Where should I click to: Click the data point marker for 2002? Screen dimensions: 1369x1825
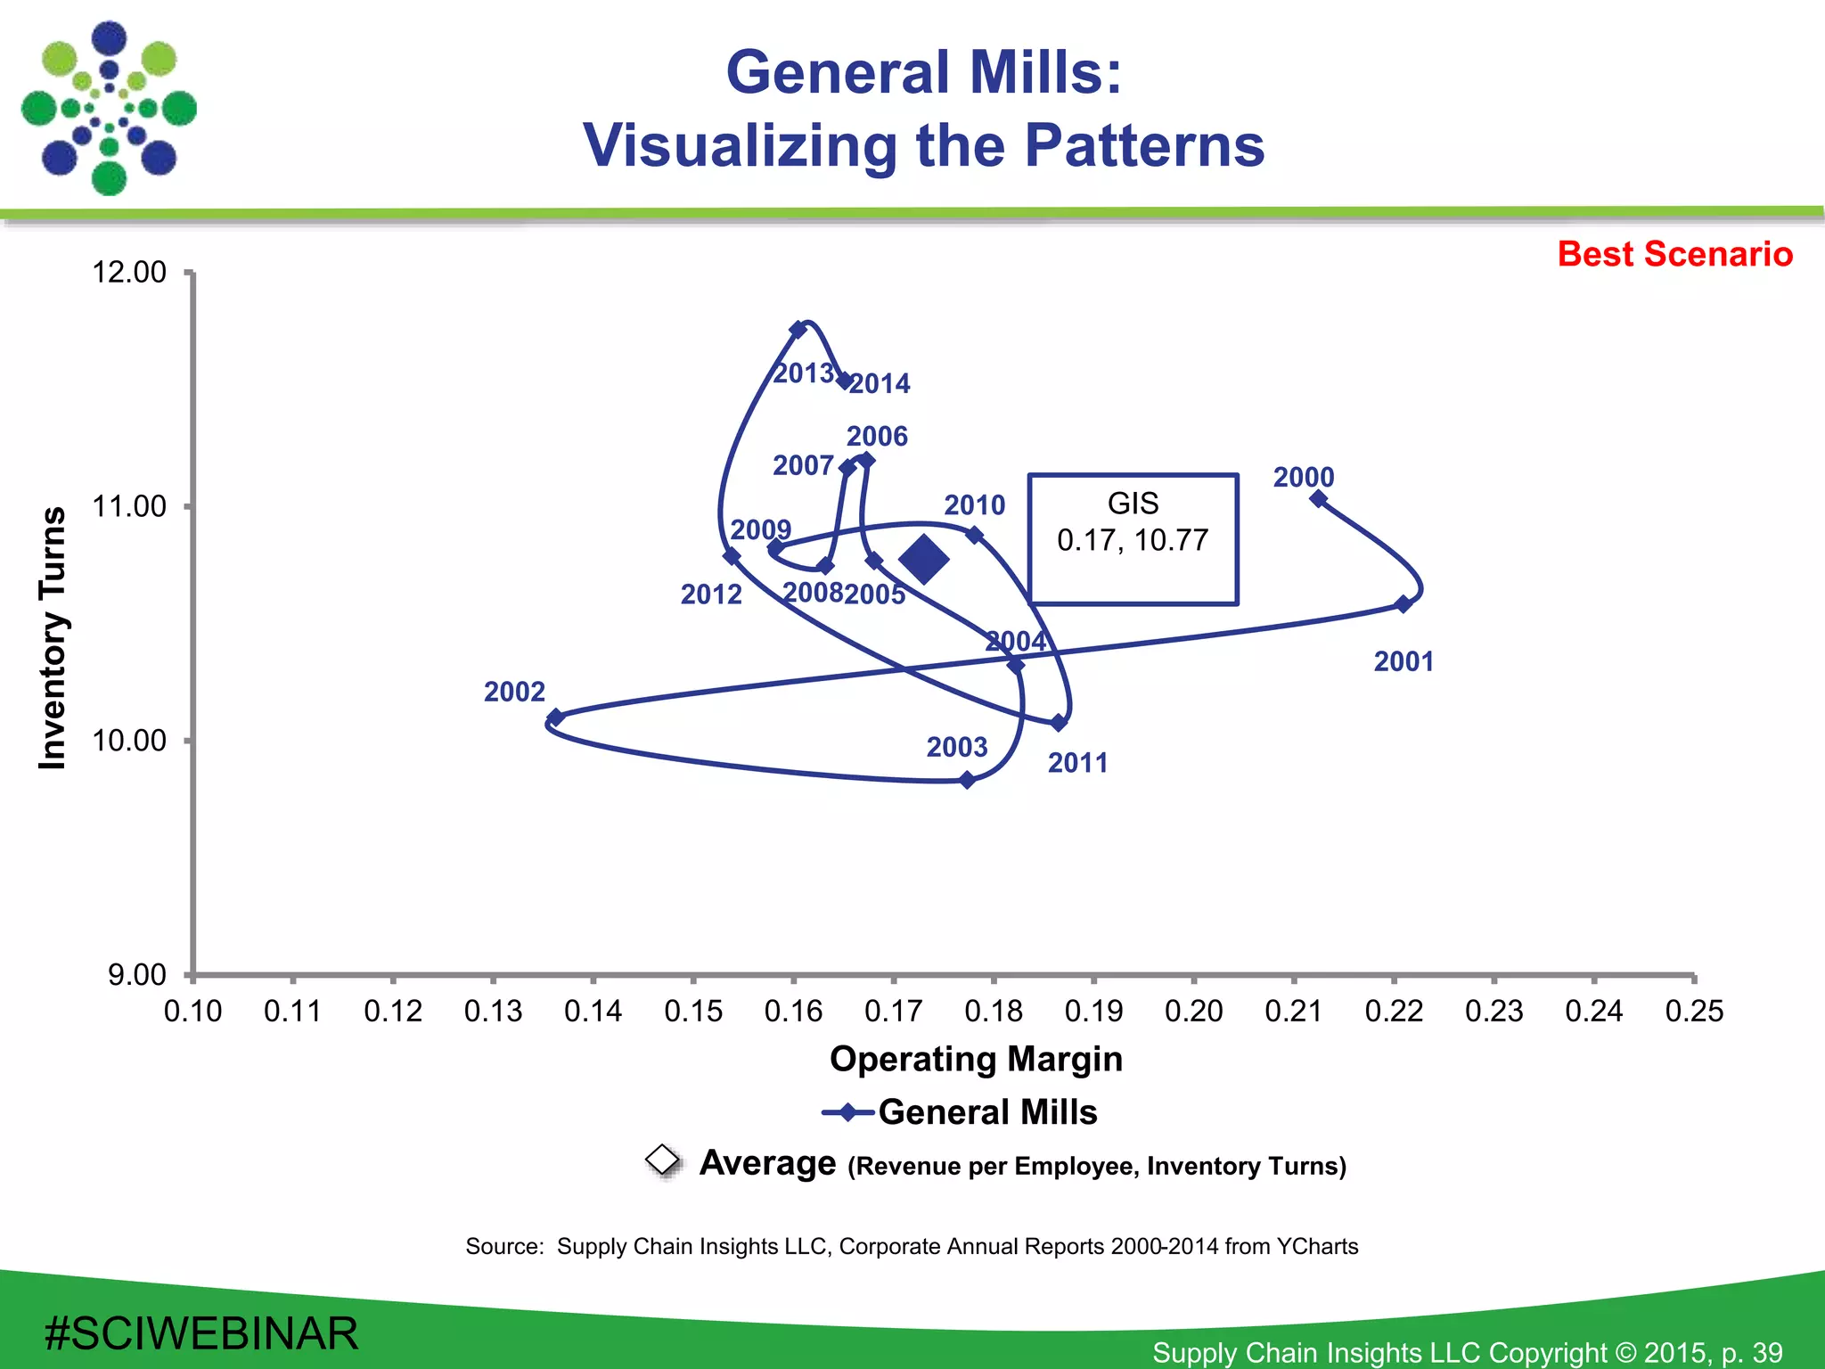[555, 717]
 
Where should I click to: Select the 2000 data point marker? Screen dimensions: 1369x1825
[1319, 499]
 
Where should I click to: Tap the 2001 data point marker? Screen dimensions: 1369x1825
[1404, 604]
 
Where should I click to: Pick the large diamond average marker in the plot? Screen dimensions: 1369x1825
[924, 560]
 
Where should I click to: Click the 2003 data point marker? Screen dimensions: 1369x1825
[968, 781]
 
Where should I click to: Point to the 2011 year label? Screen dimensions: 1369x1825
[1077, 763]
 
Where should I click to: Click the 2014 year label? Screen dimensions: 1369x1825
[880, 384]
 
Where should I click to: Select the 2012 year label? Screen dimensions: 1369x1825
[711, 594]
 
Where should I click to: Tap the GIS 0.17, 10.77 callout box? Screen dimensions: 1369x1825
[1133, 539]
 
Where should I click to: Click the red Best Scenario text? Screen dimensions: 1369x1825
[1674, 254]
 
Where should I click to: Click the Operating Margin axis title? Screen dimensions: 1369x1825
[976, 1059]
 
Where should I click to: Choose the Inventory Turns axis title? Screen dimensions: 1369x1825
[53, 637]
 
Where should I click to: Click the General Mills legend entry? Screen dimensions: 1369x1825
[961, 1112]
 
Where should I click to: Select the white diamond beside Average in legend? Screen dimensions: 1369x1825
[663, 1160]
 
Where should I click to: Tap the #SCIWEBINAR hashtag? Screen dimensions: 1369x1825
[201, 1333]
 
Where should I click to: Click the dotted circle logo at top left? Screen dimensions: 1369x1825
[109, 109]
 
